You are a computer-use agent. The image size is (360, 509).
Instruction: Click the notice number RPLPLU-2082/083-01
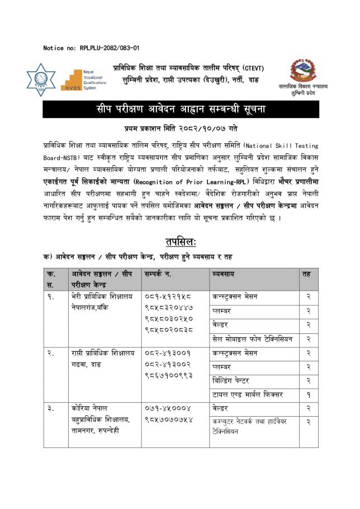[x=91, y=48]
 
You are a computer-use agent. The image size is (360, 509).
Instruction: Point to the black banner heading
[x=179, y=109]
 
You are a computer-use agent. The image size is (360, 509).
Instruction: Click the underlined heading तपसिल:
[x=180, y=242]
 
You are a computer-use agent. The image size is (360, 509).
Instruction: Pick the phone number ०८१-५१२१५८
[x=168, y=296]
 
